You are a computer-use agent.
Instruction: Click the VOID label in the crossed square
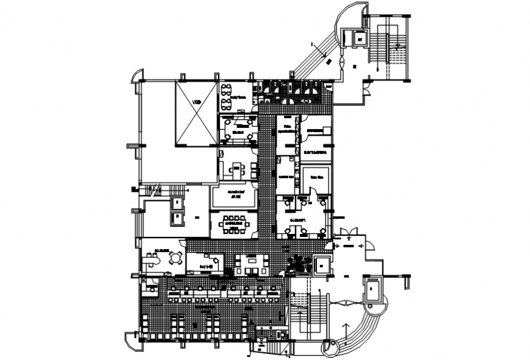pos(196,102)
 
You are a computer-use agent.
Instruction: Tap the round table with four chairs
pos(177,258)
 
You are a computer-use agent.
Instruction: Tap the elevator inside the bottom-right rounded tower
pos(372,287)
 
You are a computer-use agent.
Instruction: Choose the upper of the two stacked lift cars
pos(177,202)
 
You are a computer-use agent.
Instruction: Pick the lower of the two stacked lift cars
pos(177,217)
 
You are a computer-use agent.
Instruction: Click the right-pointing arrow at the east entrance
pos(367,245)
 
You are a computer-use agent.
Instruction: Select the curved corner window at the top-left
pos(136,76)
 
